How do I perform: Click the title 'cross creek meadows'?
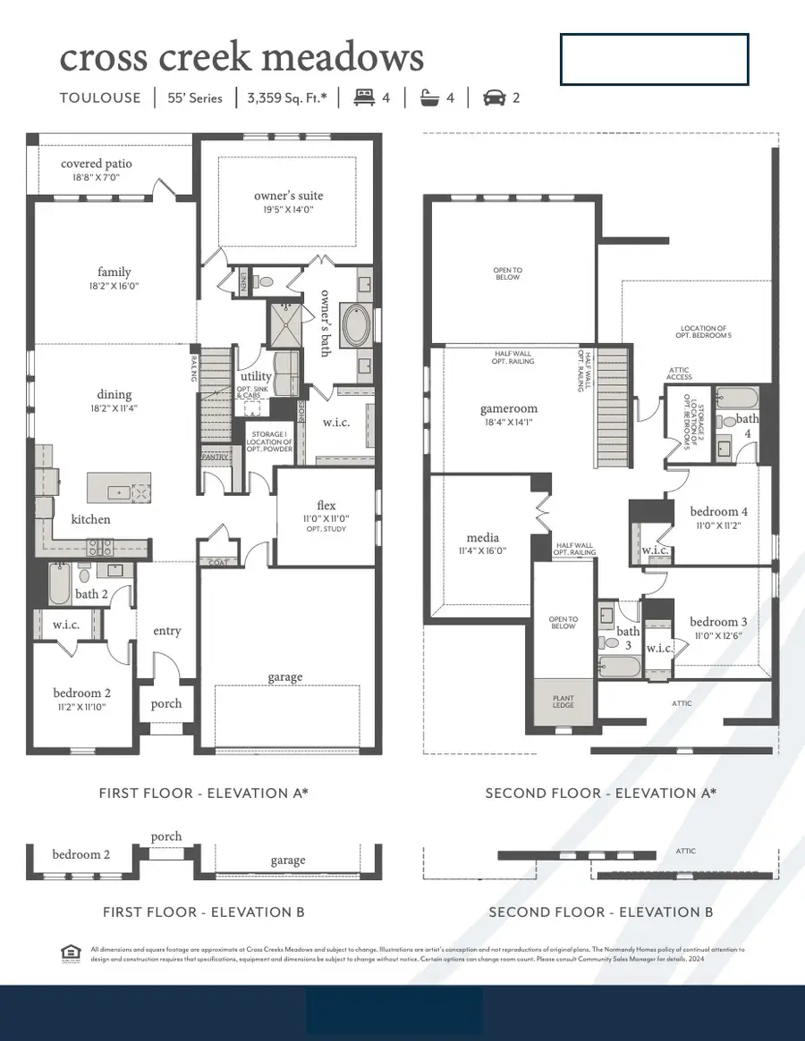(x=241, y=58)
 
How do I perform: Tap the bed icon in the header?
(x=362, y=97)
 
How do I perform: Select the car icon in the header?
(x=493, y=97)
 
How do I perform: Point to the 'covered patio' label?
(x=96, y=164)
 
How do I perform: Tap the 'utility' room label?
(x=256, y=376)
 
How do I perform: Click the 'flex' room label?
(x=326, y=505)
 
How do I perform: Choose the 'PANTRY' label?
(x=215, y=457)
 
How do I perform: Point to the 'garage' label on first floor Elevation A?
(x=286, y=677)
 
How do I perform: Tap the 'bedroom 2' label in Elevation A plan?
(x=82, y=693)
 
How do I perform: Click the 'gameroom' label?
(x=507, y=408)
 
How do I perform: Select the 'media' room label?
(x=483, y=538)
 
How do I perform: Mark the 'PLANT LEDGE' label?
(x=563, y=702)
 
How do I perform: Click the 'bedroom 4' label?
(x=719, y=512)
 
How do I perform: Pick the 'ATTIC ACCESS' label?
(x=679, y=373)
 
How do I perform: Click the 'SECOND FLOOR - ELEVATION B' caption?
(x=600, y=912)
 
